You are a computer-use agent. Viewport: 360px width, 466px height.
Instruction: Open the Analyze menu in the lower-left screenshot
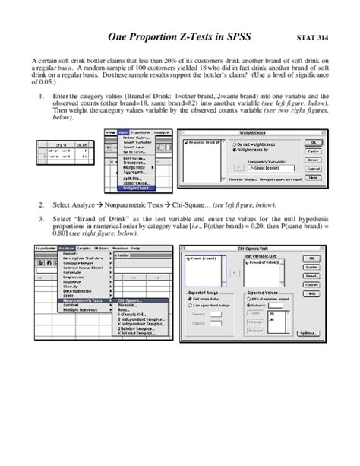click(63, 248)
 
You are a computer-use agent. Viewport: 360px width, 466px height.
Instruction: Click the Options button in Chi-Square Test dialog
click(308, 334)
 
